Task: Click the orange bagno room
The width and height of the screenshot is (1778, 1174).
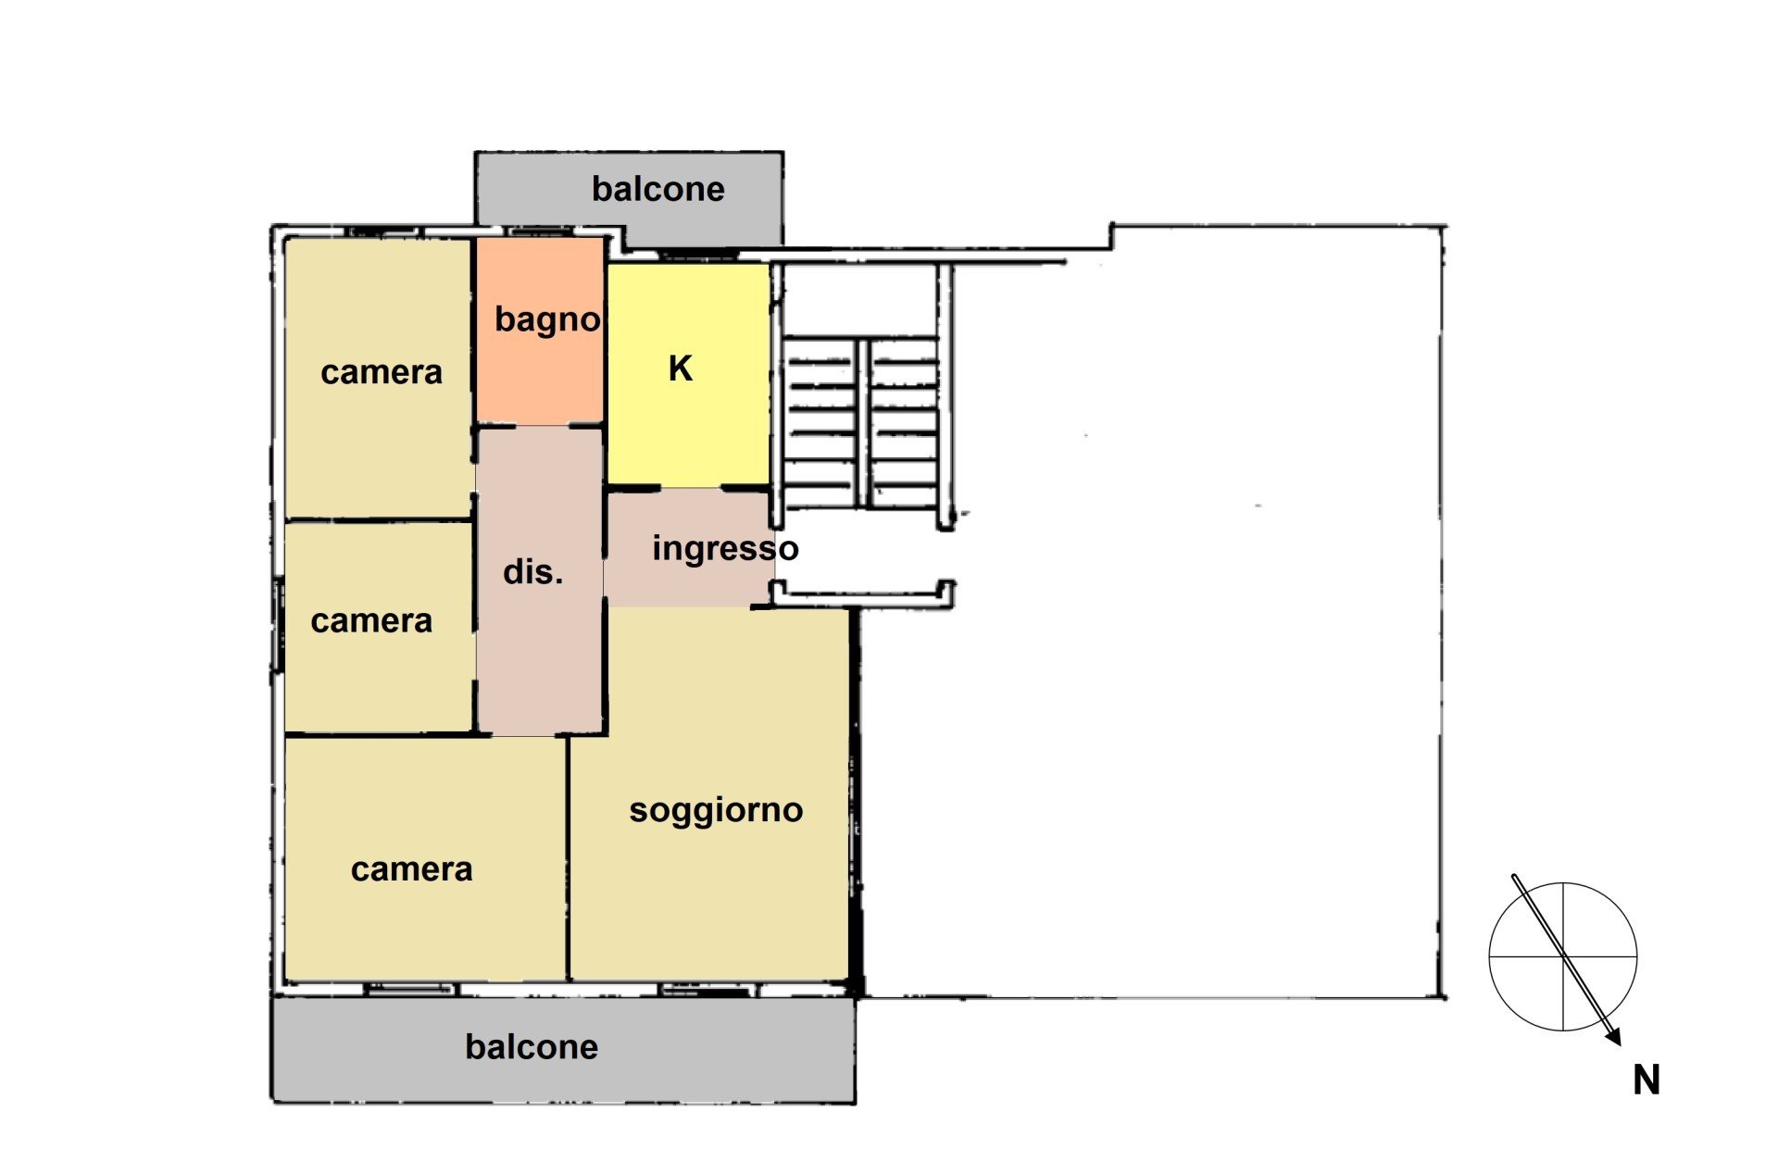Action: pyautogui.click(x=540, y=331)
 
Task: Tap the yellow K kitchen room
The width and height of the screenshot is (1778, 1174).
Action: pyautogui.click(x=688, y=374)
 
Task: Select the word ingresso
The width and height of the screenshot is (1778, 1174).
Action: pyautogui.click(x=725, y=549)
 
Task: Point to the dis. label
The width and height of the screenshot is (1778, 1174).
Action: pyautogui.click(x=532, y=572)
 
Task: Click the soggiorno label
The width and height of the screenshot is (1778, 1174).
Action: pyautogui.click(x=716, y=811)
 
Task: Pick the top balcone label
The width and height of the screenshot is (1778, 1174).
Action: pyautogui.click(x=657, y=189)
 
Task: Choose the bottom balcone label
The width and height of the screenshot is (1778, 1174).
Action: pyautogui.click(x=532, y=1047)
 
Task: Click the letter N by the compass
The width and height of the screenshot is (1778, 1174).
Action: pyautogui.click(x=1647, y=1080)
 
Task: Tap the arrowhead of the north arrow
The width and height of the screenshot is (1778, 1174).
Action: pyautogui.click(x=1614, y=1037)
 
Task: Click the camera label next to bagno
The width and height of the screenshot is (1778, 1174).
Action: pyautogui.click(x=382, y=372)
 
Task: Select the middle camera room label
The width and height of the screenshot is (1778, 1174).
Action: pyautogui.click(x=371, y=621)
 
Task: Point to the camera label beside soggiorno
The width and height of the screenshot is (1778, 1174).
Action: pyautogui.click(x=412, y=869)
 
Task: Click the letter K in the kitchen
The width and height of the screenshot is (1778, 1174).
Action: pyautogui.click(x=681, y=368)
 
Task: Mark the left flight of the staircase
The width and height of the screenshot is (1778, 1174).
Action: pyautogui.click(x=820, y=422)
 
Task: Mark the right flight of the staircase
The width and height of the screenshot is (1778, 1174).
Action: pyautogui.click(x=904, y=422)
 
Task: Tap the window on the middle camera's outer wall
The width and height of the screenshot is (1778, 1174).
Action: pyautogui.click(x=277, y=625)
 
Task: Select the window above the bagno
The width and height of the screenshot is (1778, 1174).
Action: pyautogui.click(x=540, y=231)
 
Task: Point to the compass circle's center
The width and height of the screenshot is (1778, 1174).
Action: pyautogui.click(x=1563, y=956)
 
